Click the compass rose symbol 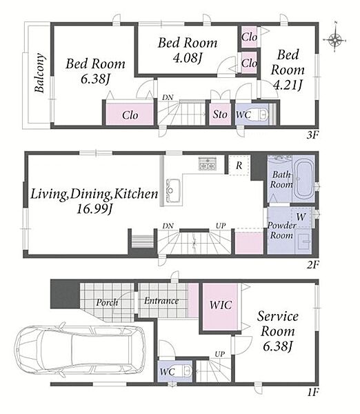[x=334, y=39]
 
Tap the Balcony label [x=39, y=72]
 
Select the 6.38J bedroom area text [x=95, y=79]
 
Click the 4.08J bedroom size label [x=187, y=58]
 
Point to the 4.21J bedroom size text [x=288, y=85]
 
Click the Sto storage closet [x=220, y=115]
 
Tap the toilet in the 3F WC [x=263, y=115]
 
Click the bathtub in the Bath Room [x=303, y=179]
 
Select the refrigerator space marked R [x=239, y=166]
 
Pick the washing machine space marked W [x=301, y=217]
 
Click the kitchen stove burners [x=208, y=164]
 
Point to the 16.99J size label [x=94, y=209]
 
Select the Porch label [x=107, y=302]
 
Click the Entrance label [x=161, y=301]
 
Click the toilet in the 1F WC [x=187, y=371]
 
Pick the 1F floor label [x=312, y=393]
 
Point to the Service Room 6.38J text [x=278, y=331]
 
